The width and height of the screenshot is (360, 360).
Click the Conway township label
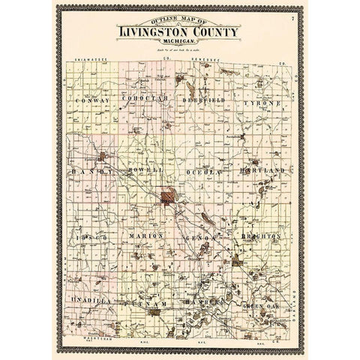pos(92,99)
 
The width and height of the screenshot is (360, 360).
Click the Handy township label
pos(91,171)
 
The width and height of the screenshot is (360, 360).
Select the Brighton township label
pos(261,235)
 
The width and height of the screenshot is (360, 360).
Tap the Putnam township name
pos(148,304)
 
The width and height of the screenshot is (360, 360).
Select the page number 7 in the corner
pos(293,16)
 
